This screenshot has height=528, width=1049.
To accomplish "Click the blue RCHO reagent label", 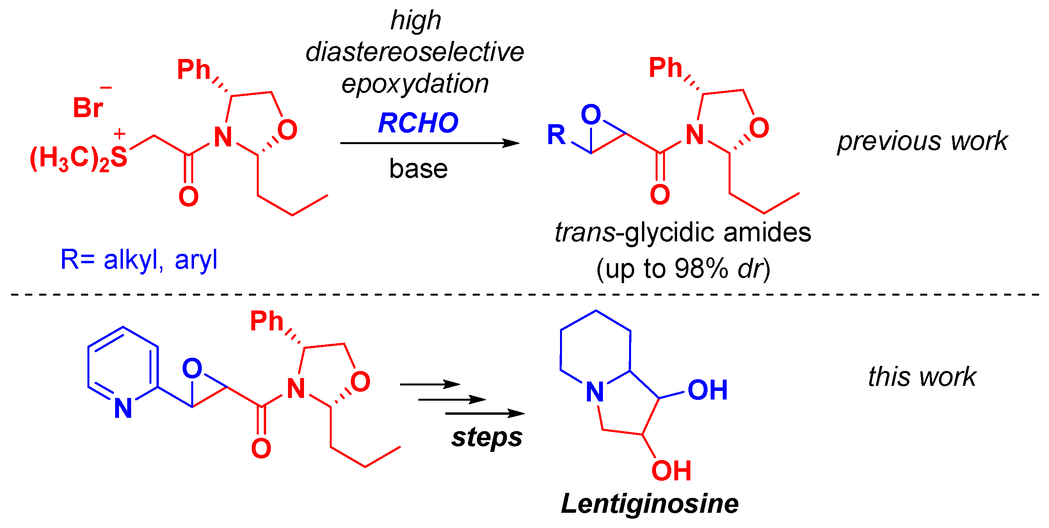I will (x=418, y=123).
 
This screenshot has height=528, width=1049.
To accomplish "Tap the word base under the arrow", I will (x=418, y=169).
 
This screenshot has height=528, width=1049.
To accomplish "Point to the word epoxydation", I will (x=415, y=84).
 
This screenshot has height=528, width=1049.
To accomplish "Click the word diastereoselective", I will (x=414, y=52).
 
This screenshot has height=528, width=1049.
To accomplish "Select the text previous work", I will (x=922, y=141).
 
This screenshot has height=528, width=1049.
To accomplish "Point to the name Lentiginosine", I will (x=649, y=503).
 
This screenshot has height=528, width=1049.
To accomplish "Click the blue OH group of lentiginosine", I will (x=708, y=390).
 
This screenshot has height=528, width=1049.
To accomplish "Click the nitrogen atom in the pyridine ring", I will (x=123, y=408).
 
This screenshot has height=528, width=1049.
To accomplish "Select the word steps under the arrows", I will (x=487, y=437).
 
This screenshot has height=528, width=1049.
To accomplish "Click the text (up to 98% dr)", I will (x=683, y=269).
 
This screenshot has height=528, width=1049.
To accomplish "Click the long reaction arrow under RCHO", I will (x=430, y=143).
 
